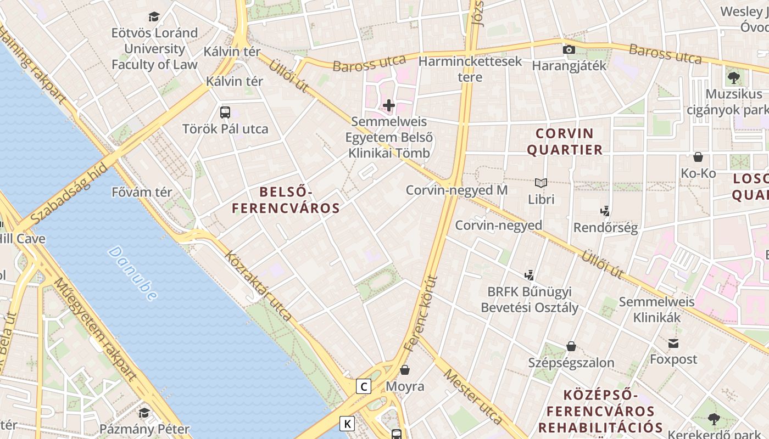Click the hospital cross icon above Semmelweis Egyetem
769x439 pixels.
coord(389,105)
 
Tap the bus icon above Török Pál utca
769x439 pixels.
coord(225,112)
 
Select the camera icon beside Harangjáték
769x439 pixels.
coord(569,50)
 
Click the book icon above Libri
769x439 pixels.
coord(541,183)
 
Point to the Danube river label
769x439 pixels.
coord(132,273)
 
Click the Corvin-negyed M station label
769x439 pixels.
coord(456,190)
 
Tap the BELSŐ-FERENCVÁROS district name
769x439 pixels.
coord(286,200)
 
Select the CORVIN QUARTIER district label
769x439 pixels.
coord(565,141)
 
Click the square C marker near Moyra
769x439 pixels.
coord(363,386)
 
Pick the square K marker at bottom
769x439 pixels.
coord(347,424)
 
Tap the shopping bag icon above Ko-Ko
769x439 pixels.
coord(698,157)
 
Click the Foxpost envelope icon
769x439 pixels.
coord(673,344)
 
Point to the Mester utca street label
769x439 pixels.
coord(472,397)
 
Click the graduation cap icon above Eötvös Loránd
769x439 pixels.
coord(154,17)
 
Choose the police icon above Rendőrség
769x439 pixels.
coord(605,211)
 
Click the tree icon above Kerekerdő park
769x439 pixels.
coord(714,419)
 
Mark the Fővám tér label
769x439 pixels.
coord(142,193)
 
